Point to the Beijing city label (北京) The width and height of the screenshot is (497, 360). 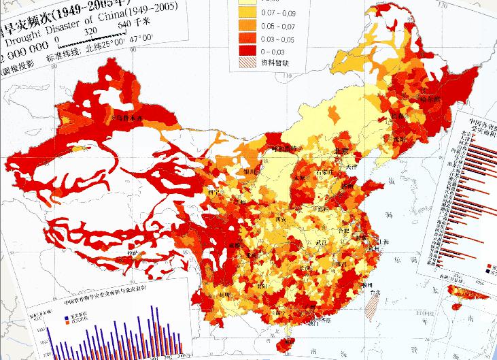click(341, 151)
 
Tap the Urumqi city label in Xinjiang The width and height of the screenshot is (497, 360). click(128, 118)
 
